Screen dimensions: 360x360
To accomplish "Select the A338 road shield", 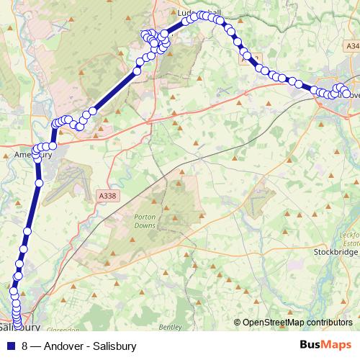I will coord(107,195).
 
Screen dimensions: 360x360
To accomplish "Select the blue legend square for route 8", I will coord(11,346).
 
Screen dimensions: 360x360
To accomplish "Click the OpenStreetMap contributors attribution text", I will coord(297,323).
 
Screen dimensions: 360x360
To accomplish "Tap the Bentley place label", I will coord(171,327).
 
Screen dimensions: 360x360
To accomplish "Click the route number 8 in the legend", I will coord(25,346).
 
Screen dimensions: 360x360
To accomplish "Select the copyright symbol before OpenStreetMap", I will coord(238,323).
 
